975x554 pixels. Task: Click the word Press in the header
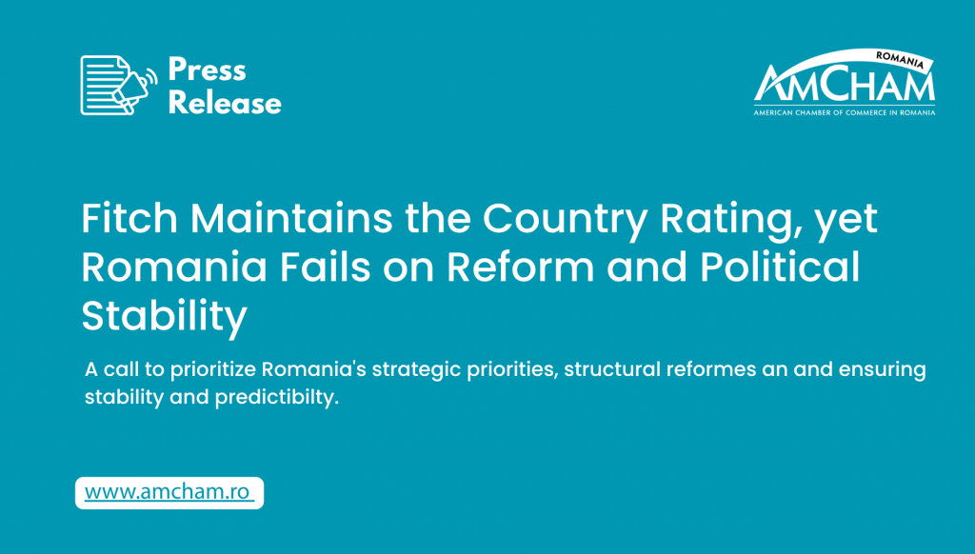pyautogui.click(x=207, y=69)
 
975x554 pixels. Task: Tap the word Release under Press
pyautogui.click(x=225, y=103)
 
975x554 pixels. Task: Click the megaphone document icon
pyautogui.click(x=118, y=85)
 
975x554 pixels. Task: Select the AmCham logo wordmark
pyautogui.click(x=844, y=83)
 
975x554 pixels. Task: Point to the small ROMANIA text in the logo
pyautogui.click(x=900, y=60)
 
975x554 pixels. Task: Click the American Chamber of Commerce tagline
pyautogui.click(x=845, y=112)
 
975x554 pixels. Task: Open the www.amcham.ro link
pyautogui.click(x=169, y=492)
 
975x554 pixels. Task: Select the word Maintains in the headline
pyautogui.click(x=291, y=218)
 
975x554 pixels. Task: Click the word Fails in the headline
pyautogui.click(x=326, y=267)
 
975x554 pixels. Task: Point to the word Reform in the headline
pyautogui.click(x=521, y=267)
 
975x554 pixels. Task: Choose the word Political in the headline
pyautogui.click(x=781, y=267)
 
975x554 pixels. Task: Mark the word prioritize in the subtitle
pyautogui.click(x=212, y=370)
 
